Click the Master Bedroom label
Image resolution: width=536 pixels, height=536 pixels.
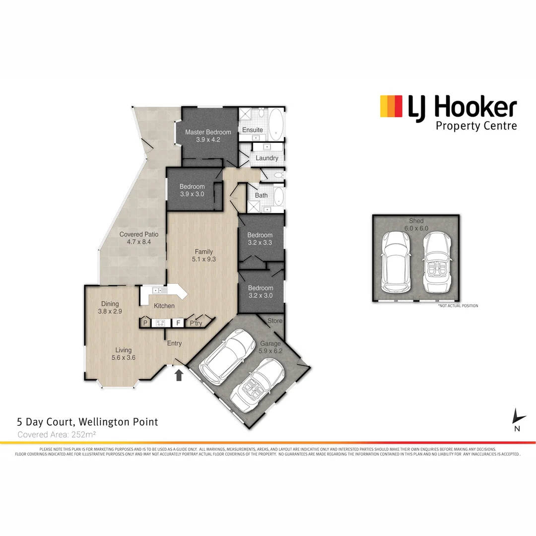(208, 132)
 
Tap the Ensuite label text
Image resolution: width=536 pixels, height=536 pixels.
(253, 130)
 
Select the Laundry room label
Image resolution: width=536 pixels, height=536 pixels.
(267, 158)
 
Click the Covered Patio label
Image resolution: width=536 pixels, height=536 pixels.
(138, 234)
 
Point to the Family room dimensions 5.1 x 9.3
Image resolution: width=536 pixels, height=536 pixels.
(204, 259)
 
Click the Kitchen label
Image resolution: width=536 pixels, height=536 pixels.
(164, 306)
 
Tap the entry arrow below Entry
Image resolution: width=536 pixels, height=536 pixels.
(179, 375)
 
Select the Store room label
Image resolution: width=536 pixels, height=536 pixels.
(274, 321)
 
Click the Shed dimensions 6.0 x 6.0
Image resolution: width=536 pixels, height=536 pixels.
(416, 228)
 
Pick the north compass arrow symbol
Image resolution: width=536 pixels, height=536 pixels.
(518, 417)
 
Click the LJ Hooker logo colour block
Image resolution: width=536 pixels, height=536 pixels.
(391, 106)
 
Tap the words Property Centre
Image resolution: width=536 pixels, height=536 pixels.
(476, 126)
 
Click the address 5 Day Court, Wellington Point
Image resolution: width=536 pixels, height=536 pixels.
(87, 422)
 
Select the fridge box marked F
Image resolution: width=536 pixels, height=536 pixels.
(177, 323)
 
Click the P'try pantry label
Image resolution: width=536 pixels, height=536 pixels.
(196, 323)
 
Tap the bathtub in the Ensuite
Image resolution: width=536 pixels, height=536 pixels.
(276, 125)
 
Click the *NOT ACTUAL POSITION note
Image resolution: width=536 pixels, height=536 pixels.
(458, 306)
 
